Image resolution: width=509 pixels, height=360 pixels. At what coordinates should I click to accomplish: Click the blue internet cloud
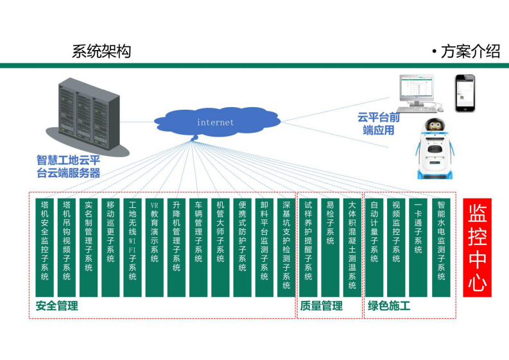pyautogui.click(x=215, y=121)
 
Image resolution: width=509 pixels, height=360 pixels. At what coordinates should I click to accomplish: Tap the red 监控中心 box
pyautogui.click(x=477, y=247)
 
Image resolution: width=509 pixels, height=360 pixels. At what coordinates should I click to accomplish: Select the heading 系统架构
pyautogui.click(x=101, y=52)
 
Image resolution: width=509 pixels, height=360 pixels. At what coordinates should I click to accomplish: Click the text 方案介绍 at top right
pyautogui.click(x=470, y=52)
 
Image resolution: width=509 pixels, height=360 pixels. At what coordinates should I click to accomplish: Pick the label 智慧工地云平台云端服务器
pyautogui.click(x=68, y=166)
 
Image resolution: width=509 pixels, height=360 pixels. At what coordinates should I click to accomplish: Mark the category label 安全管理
pyautogui.click(x=56, y=306)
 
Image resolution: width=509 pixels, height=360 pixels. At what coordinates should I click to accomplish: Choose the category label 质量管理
pyautogui.click(x=321, y=306)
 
